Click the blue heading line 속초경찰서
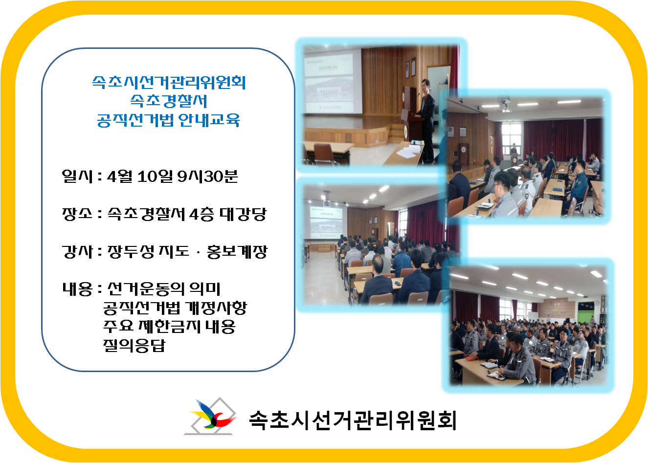click(169, 101)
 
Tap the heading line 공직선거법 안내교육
click(169, 120)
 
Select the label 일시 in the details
click(77, 176)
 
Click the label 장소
click(77, 214)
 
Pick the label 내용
click(77, 289)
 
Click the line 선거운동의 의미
click(164, 289)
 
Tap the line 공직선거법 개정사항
click(175, 308)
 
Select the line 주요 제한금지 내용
click(169, 326)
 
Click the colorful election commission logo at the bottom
click(211, 417)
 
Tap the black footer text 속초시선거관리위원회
click(353, 419)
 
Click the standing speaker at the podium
click(426, 117)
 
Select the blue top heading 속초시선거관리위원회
click(169, 82)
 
